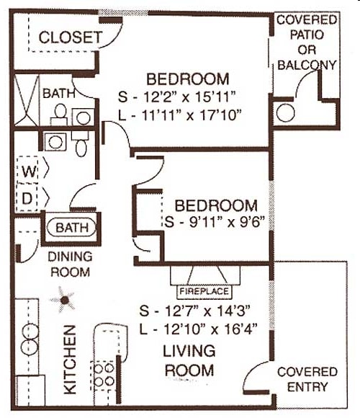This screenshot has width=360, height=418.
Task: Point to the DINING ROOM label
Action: (x=70, y=264)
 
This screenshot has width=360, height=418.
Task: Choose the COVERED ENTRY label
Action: (x=307, y=379)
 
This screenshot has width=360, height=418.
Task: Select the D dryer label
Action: (x=28, y=197)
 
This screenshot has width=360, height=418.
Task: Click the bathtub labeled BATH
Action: (x=72, y=228)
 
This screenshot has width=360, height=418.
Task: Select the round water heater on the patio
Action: (x=285, y=113)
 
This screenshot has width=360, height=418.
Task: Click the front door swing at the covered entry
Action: (x=256, y=375)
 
